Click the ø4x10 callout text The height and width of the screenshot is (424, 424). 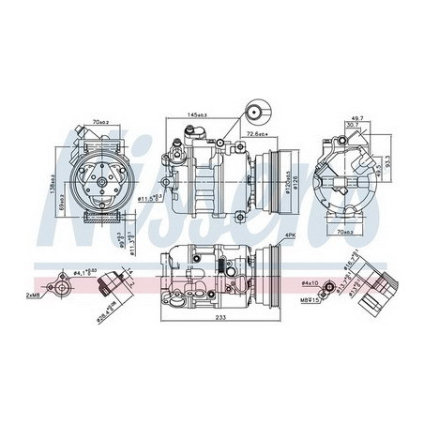[x=310, y=280]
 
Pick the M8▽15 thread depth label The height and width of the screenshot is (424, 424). [x=310, y=299]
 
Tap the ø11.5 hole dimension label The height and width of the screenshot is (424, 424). [x=148, y=198]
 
